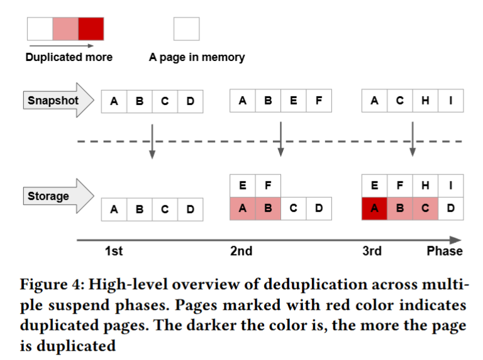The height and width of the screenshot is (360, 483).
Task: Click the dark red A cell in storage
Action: [375, 208]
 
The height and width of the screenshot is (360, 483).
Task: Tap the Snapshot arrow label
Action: [53, 101]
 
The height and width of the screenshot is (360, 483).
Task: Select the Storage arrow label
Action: [48, 196]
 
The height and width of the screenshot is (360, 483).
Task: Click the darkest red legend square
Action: [91, 29]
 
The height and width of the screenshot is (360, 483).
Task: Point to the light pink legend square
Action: [65, 29]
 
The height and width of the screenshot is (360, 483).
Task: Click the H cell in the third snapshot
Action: [425, 101]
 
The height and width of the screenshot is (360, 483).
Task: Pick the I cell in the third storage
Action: [450, 186]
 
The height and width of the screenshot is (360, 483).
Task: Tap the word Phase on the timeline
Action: [444, 251]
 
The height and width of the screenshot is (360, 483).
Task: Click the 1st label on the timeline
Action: [113, 251]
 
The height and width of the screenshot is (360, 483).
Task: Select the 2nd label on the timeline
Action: [241, 251]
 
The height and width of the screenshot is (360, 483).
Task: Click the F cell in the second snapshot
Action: [319, 101]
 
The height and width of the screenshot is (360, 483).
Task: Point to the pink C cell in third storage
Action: [425, 208]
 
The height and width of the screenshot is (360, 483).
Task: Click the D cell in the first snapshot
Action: [190, 101]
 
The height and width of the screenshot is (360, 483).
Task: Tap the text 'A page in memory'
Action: [197, 57]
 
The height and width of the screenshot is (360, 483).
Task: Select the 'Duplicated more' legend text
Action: [69, 57]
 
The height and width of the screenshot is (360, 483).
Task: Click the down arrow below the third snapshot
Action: [412, 139]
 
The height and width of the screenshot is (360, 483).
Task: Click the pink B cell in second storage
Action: [268, 208]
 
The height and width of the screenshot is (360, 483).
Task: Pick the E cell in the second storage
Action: [243, 186]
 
